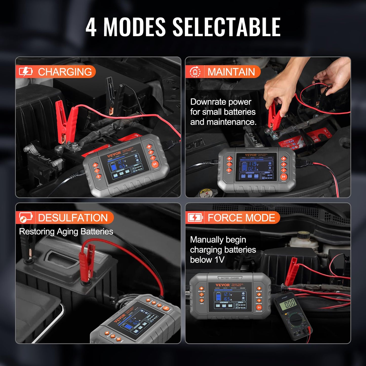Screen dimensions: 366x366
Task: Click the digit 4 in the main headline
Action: [91, 27]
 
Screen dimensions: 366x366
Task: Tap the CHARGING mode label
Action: [65, 72]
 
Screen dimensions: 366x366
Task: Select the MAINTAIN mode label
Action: [231, 72]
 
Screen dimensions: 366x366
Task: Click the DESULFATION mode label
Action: [73, 218]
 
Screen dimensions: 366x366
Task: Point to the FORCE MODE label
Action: [241, 218]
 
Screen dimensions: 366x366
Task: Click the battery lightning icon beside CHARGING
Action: [26, 72]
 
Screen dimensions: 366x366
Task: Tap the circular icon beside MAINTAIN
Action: [195, 72]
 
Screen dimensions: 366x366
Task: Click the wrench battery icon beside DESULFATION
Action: [26, 218]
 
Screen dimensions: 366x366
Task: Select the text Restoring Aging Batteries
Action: [66, 232]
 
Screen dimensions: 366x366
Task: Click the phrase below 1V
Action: [207, 260]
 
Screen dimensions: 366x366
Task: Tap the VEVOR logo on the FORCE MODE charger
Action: [222, 285]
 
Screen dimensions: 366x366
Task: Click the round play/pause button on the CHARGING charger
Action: [155, 164]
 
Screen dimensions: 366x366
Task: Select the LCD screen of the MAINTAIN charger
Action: [256, 167]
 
